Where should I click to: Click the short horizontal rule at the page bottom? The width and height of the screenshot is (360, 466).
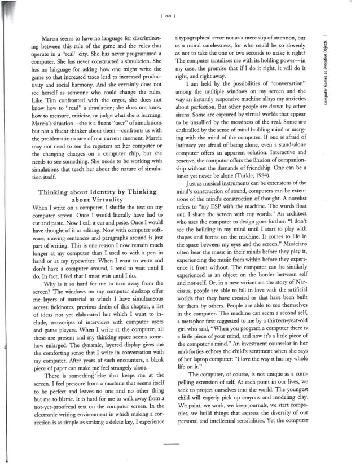pos(171,445)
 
